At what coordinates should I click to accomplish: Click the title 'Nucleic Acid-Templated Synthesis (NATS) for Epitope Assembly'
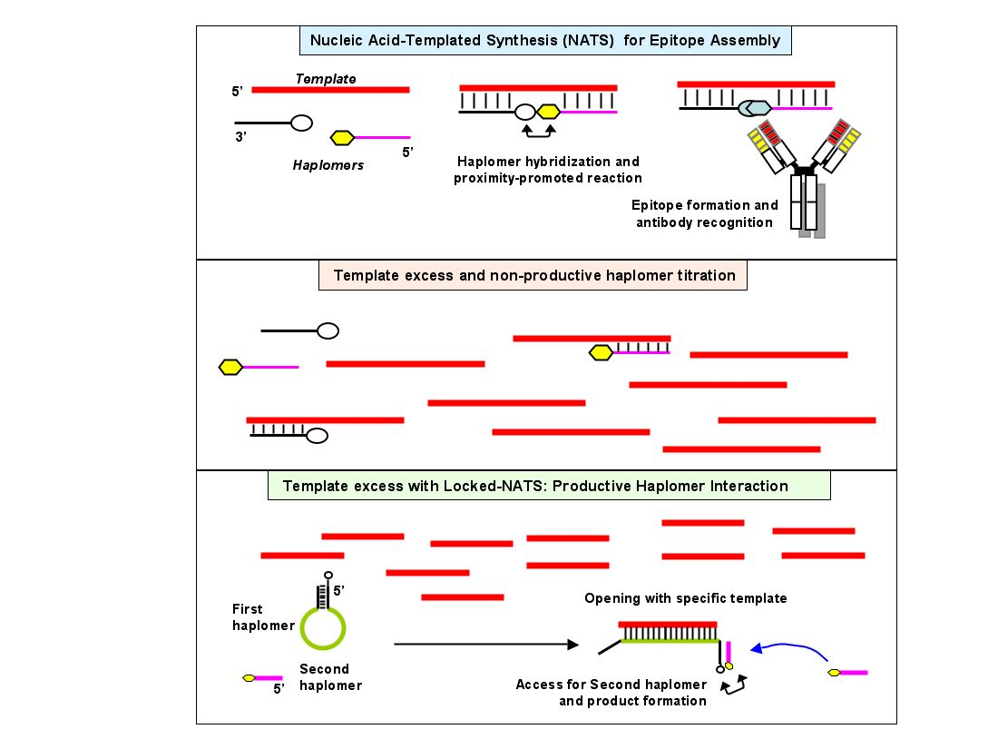[x=545, y=40]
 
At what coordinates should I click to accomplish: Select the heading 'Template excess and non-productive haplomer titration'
[x=533, y=275]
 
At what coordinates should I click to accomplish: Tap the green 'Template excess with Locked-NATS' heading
[x=535, y=486]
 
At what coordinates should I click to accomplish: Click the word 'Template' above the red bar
[x=326, y=79]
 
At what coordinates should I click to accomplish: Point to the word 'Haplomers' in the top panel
[x=328, y=165]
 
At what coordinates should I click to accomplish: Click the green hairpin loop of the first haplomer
[x=323, y=627]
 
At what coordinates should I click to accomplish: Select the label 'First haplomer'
[x=263, y=617]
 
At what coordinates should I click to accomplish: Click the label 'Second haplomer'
[x=330, y=677]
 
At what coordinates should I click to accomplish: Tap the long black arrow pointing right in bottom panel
[x=486, y=645]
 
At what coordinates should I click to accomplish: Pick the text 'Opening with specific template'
[x=685, y=598]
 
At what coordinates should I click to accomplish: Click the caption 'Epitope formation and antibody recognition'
[x=705, y=213]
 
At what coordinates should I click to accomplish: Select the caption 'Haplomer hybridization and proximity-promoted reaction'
[x=548, y=170]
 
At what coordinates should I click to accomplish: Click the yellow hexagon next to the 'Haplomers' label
[x=342, y=138]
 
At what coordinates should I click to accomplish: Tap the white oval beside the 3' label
[x=301, y=123]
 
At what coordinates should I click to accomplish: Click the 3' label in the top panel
[x=240, y=136]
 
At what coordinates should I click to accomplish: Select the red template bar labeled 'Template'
[x=330, y=90]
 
